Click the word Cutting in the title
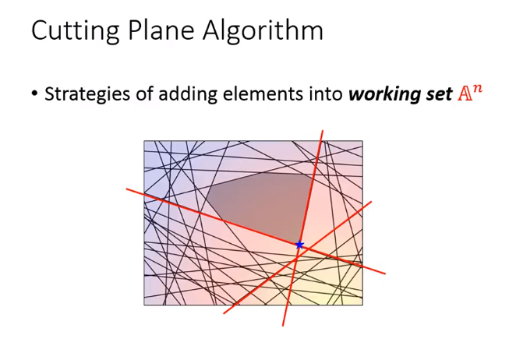coord(75,31)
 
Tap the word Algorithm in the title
coord(263,31)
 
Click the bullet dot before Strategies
coord(34,94)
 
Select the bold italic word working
coord(383,95)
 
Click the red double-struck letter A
coord(465,94)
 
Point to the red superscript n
coord(477,89)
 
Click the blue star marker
coord(299,245)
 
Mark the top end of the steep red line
coord(323,131)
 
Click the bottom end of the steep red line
coord(283,326)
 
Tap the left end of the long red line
coord(127,189)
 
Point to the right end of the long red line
coord(385,274)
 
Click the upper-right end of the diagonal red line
coord(371,202)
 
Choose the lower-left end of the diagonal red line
coord(224,313)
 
